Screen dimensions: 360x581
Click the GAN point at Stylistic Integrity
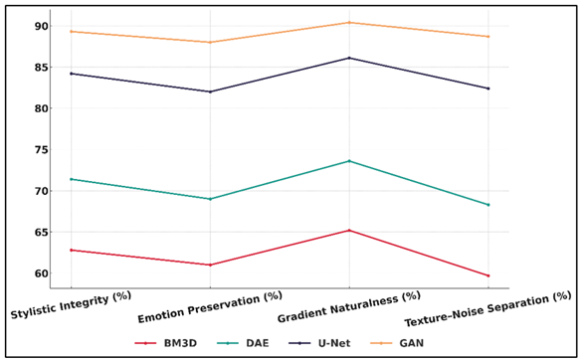pos(71,32)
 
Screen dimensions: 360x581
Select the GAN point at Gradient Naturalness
pos(349,22)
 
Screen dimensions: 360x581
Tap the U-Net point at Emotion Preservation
pos(210,91)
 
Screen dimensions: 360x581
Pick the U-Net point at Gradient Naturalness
pos(349,58)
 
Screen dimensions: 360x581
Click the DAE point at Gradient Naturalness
pos(349,161)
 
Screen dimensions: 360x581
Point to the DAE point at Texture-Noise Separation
pos(487,205)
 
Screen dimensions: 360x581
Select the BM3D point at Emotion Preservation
pos(210,265)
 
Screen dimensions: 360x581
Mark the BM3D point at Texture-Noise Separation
pos(487,275)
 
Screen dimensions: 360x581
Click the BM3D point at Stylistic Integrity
pos(71,250)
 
